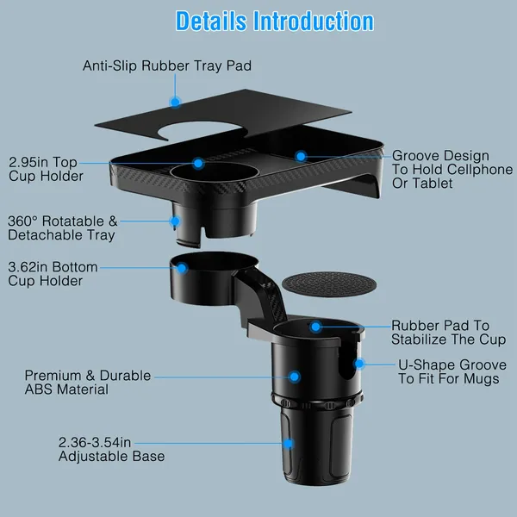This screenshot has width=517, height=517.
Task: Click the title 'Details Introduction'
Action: [275, 22]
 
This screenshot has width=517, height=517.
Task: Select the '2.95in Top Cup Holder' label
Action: [46, 169]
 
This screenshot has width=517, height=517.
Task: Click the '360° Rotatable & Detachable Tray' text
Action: [60, 227]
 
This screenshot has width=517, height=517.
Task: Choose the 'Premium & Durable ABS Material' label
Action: [87, 383]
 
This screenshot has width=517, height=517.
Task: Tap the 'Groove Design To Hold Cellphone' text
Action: [452, 169]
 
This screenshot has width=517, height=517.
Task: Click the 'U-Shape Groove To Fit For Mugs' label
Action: [449, 371]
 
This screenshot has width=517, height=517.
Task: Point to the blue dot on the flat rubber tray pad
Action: [175, 102]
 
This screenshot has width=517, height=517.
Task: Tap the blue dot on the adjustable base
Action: [288, 444]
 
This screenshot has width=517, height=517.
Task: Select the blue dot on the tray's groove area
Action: [301, 156]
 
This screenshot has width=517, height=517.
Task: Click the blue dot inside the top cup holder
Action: [198, 162]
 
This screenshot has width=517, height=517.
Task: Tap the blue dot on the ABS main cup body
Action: [295, 377]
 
